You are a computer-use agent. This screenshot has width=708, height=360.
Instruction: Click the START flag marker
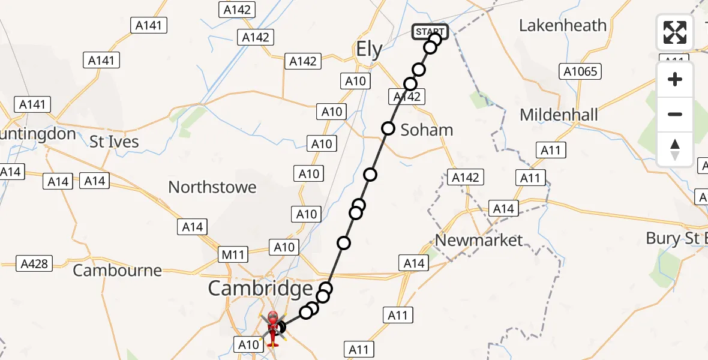click(430, 31)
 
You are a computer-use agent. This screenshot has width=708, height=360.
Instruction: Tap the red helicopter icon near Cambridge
click(272, 327)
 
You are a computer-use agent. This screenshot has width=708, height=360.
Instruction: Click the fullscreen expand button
click(675, 32)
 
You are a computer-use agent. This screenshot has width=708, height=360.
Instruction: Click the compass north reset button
click(675, 148)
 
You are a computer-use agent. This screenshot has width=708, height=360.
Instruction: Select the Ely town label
click(369, 49)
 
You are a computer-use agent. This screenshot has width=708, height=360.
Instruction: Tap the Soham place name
click(427, 130)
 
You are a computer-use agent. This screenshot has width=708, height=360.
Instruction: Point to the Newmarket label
click(479, 241)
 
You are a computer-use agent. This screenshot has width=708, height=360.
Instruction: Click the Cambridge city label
click(260, 289)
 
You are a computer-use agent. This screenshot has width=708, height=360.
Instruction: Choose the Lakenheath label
click(563, 25)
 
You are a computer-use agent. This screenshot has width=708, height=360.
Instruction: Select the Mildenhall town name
click(559, 115)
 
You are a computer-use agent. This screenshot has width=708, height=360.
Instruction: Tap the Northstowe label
click(212, 187)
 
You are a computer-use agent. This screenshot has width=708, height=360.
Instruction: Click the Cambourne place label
click(118, 270)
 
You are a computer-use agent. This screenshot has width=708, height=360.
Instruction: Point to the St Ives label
click(114, 142)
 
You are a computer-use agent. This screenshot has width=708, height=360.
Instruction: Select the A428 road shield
click(35, 263)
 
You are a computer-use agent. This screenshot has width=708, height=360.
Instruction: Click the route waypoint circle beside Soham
click(388, 128)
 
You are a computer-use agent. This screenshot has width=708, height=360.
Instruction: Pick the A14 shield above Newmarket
click(503, 209)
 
